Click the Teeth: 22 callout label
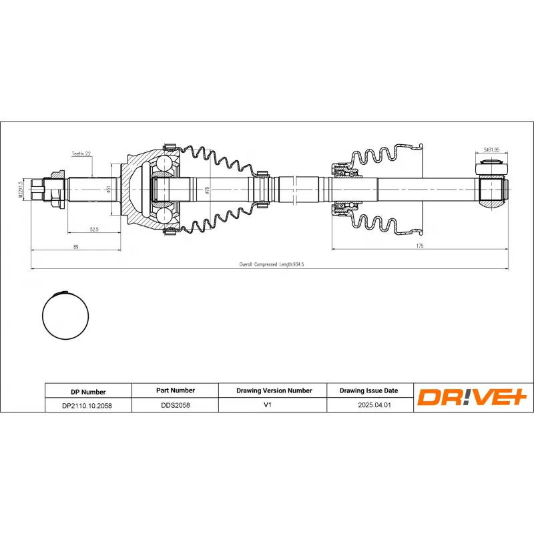(81, 154)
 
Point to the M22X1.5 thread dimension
(21, 190)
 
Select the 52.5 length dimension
(94, 229)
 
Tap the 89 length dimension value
(75, 246)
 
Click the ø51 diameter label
(108, 189)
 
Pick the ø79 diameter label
(207, 190)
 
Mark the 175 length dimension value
(420, 246)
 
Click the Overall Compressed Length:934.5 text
(272, 264)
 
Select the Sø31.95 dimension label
(491, 150)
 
